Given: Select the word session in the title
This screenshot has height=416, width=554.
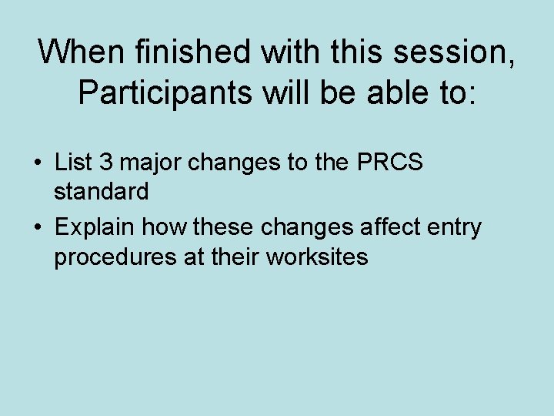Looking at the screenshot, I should [x=428, y=52].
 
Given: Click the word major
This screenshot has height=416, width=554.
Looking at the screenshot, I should [x=145, y=164].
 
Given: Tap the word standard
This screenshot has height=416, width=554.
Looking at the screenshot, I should [x=101, y=191].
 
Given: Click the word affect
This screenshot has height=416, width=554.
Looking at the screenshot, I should [x=379, y=227].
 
